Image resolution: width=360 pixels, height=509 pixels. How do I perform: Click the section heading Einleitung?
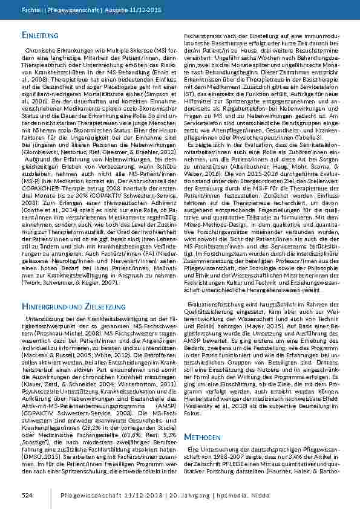[x=40, y=36]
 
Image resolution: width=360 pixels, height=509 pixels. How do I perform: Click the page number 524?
[x=27, y=495]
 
